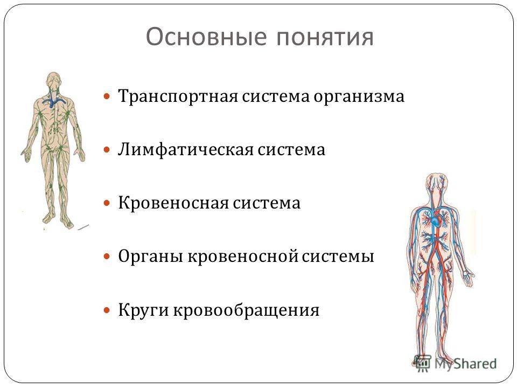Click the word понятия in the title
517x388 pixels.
click(x=325, y=37)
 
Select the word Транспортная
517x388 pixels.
click(x=178, y=97)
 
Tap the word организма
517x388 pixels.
click(x=359, y=97)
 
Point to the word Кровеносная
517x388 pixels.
click(x=173, y=203)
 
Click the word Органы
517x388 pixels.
click(x=151, y=257)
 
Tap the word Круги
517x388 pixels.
click(x=143, y=310)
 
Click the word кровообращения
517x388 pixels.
click(x=246, y=310)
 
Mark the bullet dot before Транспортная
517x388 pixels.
click(x=107, y=96)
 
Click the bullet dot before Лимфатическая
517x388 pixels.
click(x=107, y=150)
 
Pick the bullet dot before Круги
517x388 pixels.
click(x=107, y=310)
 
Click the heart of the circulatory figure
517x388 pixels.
click(x=436, y=220)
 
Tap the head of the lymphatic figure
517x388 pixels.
click(x=54, y=80)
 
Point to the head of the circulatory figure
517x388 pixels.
click(x=436, y=184)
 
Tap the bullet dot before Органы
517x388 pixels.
click(x=107, y=257)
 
